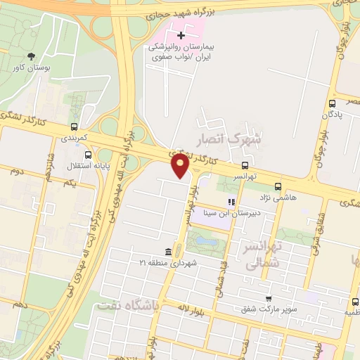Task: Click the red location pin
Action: click(181, 165)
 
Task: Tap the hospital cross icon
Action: click(181, 34)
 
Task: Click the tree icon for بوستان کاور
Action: click(30, 56)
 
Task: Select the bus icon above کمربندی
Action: click(74, 127)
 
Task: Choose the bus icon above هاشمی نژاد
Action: click(278, 187)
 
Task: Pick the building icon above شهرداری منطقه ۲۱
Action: click(168, 252)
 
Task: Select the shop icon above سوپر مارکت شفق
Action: click(268, 298)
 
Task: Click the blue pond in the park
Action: click(205, 241)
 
